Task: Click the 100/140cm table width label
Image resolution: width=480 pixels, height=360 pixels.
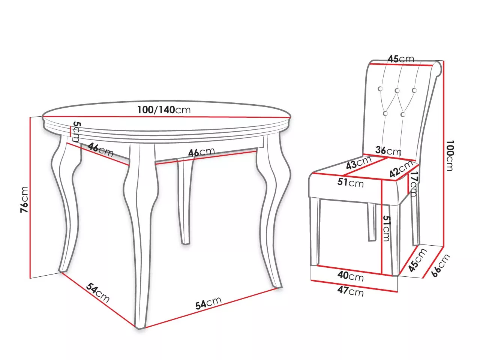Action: pos(164,109)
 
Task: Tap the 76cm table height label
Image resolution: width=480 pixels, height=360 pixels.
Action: pos(24,199)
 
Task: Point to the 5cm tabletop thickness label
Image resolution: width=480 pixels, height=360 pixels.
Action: pos(76,132)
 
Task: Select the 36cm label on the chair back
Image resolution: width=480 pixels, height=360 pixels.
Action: pos(388,151)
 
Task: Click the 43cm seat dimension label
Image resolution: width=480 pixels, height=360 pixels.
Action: pos(358,162)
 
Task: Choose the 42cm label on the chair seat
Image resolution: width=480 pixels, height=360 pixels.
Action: pos(401,168)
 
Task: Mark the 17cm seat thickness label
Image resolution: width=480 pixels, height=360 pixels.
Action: pos(414,183)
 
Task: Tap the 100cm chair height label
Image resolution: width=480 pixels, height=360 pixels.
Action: pos(450,156)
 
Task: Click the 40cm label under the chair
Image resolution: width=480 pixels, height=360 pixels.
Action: pos(351,276)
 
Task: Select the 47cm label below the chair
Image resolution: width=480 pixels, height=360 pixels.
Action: pos(350,291)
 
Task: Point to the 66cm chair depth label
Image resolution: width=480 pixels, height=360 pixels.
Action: pos(441,265)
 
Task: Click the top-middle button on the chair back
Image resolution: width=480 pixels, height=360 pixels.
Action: pos(397,90)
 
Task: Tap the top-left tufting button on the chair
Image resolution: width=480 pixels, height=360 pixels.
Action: pos(381,89)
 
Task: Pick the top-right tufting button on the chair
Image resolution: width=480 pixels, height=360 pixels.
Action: pos(414,90)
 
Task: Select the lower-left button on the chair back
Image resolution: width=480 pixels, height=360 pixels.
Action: pos(385,114)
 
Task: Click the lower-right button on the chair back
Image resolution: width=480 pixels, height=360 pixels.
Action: pos(403,114)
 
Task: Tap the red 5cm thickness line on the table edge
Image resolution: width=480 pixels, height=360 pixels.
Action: pos(70,131)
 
